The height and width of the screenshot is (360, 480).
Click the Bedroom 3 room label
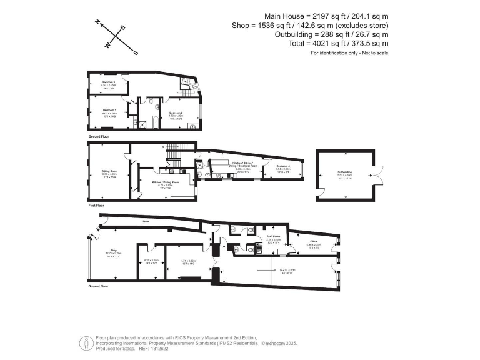[x=109, y=82]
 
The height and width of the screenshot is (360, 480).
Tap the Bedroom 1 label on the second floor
[x=110, y=109]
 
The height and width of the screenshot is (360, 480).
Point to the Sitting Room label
[x=110, y=169]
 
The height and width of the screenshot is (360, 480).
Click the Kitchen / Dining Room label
[x=166, y=182]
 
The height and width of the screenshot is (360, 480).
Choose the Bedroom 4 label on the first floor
[x=283, y=166]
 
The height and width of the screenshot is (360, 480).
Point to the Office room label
[x=314, y=241]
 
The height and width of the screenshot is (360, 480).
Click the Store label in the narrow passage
[x=145, y=221]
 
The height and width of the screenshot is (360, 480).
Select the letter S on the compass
[x=136, y=52]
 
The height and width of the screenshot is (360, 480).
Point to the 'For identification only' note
[x=349, y=53]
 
